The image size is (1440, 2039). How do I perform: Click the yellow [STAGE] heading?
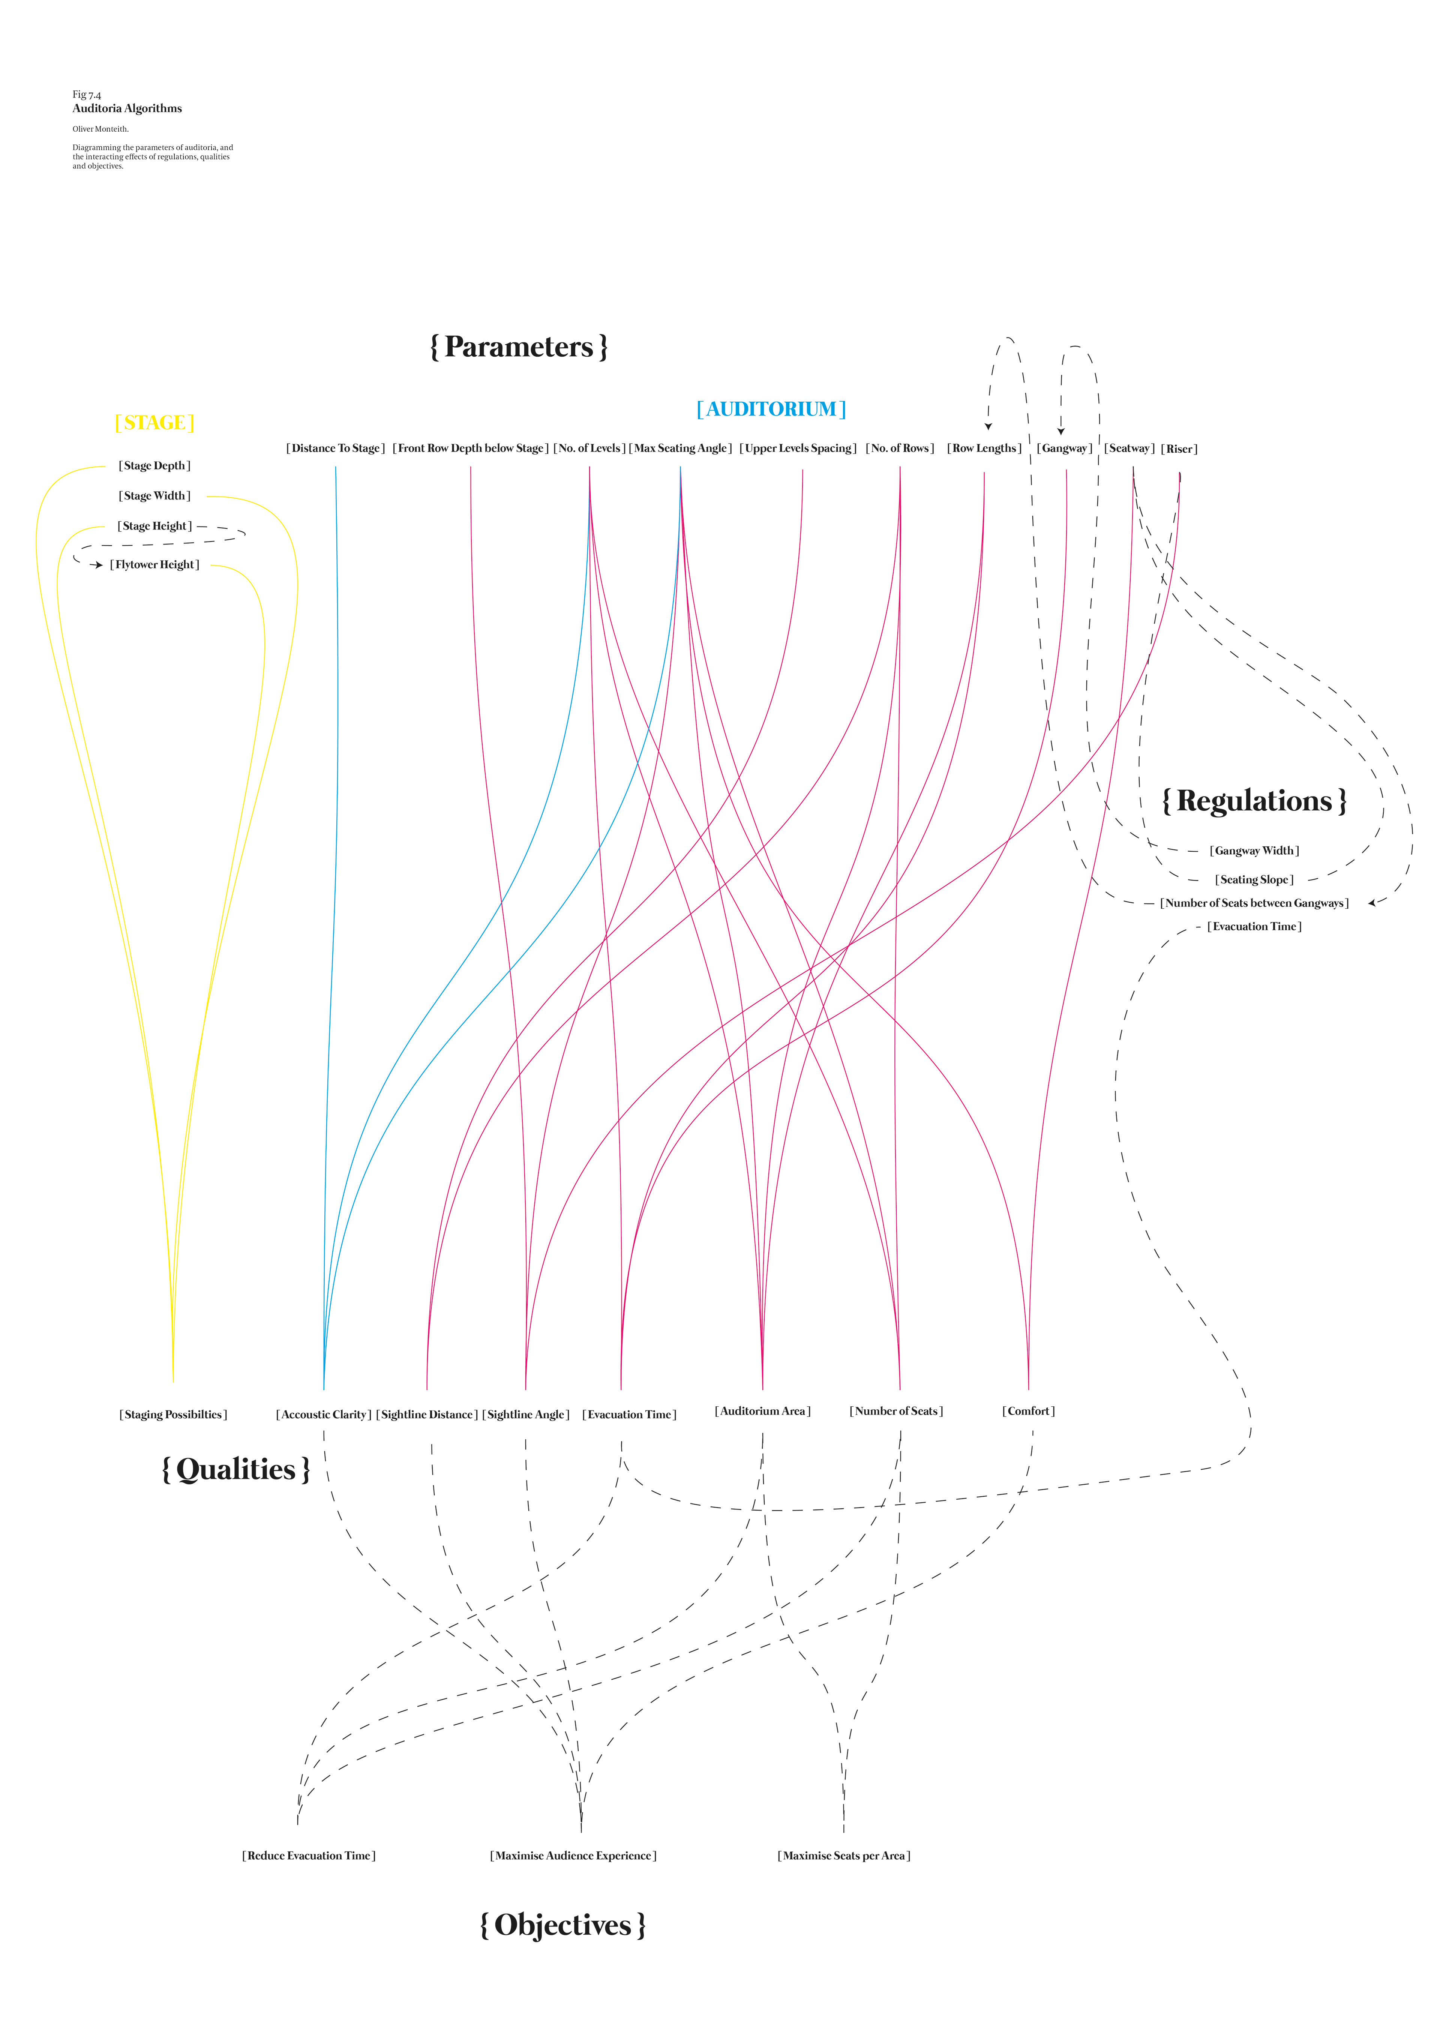[x=154, y=423]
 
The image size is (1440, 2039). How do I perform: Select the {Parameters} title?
[x=519, y=347]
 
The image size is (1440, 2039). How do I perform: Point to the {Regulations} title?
[x=1254, y=801]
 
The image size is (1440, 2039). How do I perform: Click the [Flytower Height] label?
[x=154, y=565]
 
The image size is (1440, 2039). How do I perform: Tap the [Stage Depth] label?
[x=154, y=465]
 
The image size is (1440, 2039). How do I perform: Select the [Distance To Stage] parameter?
[x=336, y=449]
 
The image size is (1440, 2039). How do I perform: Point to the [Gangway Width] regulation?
[x=1254, y=851]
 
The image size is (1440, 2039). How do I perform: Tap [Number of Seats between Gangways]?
[x=1254, y=903]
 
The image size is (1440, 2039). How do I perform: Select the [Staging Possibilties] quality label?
[x=173, y=1415]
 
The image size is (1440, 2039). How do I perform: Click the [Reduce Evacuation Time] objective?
[x=309, y=1856]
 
